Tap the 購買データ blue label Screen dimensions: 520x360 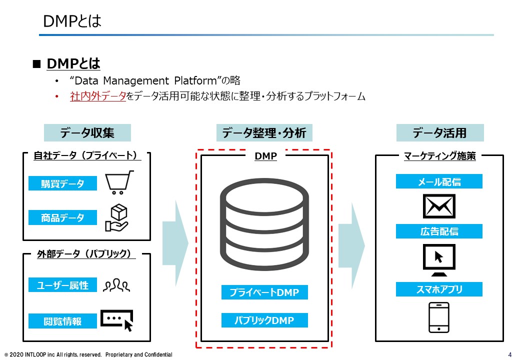point(62,183)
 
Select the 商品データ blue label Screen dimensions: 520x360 point(62,217)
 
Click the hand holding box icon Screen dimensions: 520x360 point(116,217)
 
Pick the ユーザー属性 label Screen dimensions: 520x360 point(62,285)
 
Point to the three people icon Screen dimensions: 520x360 point(116,285)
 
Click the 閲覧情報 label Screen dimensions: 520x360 point(62,321)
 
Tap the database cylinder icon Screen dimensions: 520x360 point(264,224)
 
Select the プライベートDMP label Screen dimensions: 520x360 point(264,292)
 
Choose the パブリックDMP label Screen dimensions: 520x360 point(264,320)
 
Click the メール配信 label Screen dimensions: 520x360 point(439,181)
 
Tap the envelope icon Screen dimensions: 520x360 point(439,206)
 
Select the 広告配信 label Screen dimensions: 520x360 point(439,231)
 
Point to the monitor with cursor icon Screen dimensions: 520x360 point(439,260)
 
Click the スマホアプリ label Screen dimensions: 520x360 point(439,289)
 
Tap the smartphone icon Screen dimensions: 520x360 point(439,317)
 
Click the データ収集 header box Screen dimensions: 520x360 point(87,132)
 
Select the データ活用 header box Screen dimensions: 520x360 point(440,132)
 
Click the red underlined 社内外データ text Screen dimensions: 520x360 point(98,96)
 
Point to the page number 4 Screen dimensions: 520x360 point(510,354)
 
